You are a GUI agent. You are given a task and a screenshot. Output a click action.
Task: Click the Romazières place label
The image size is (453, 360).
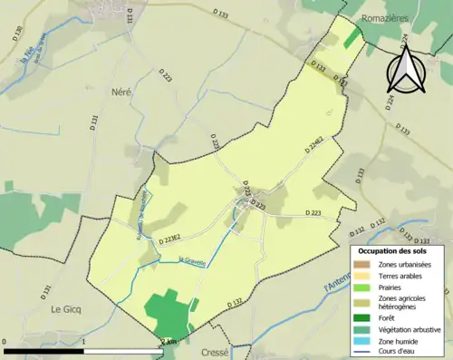point(397,17)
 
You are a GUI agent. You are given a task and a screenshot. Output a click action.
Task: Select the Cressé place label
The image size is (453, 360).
point(224,349)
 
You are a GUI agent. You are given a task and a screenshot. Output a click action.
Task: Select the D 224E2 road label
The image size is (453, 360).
point(315,143)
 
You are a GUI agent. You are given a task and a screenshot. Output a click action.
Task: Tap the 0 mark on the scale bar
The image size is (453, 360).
point(5,342)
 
